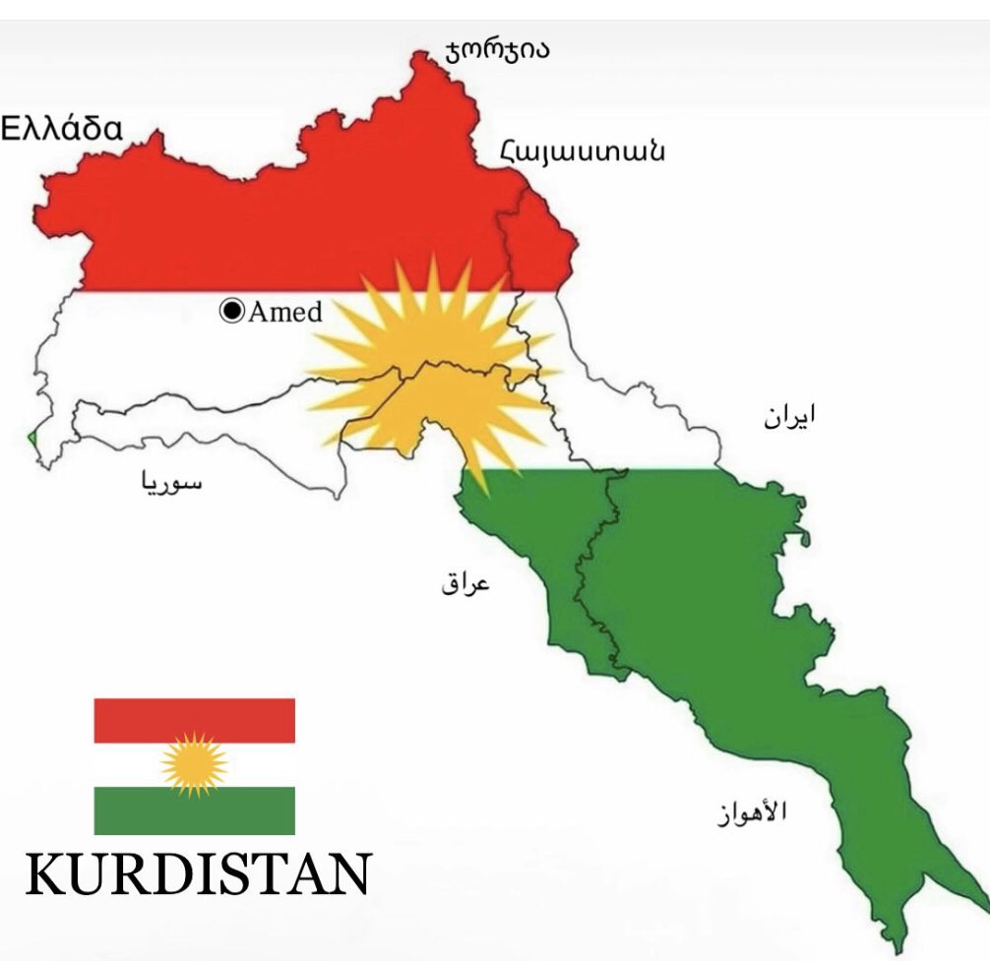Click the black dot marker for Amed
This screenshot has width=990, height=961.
[232, 312]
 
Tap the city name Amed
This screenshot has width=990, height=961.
[284, 312]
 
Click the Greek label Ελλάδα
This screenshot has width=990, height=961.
[62, 128]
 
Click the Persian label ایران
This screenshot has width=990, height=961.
[790, 416]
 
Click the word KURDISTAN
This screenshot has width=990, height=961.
[197, 873]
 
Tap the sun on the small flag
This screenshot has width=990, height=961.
[194, 764]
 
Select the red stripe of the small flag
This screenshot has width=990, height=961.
[194, 720]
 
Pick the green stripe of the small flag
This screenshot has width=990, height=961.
[194, 811]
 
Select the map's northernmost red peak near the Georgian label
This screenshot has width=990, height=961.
[425, 56]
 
